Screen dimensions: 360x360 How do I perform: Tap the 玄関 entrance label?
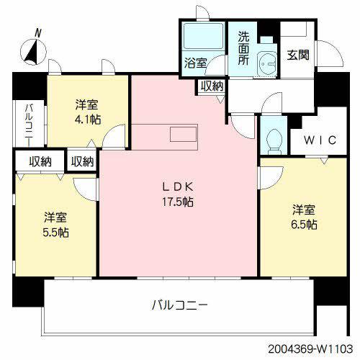click(299, 53)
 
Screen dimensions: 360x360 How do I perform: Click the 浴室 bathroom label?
click(194, 63)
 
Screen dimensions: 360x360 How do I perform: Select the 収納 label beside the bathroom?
click(212, 86)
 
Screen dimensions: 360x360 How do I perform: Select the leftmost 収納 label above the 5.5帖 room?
click(40, 161)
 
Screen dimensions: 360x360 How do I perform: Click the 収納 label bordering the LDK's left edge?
click(83, 161)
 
